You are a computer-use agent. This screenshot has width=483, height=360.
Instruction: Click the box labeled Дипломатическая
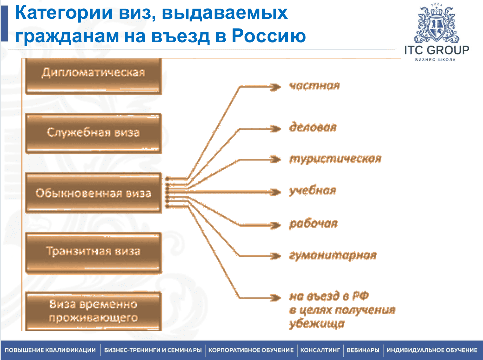[93, 76]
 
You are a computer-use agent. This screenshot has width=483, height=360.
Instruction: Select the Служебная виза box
[93, 133]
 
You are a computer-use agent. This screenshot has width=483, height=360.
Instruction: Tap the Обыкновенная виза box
[93, 193]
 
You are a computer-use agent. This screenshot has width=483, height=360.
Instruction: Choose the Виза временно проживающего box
[93, 311]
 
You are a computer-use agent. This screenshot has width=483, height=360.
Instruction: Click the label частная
[315, 85]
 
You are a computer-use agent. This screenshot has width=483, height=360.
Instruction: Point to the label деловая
[313, 127]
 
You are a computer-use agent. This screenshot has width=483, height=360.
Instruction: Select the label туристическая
[335, 159]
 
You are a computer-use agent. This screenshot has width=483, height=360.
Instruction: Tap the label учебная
[313, 191]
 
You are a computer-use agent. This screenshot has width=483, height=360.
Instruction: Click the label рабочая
[313, 223]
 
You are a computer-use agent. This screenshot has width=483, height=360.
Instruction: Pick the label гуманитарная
[333, 255]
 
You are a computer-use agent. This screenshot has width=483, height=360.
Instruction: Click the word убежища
[317, 324]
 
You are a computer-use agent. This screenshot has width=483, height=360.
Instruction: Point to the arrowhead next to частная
[275, 87]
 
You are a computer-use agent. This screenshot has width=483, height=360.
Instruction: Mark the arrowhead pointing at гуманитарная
[275, 256]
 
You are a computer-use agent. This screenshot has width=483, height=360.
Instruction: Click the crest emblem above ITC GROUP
[436, 24]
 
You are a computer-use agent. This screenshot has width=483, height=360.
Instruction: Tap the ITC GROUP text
[436, 50]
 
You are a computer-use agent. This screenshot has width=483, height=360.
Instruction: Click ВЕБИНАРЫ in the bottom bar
[363, 350]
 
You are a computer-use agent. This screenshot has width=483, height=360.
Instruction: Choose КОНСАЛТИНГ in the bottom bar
[320, 350]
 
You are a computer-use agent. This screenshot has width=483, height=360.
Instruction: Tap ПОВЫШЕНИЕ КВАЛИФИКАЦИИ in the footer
[50, 350]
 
